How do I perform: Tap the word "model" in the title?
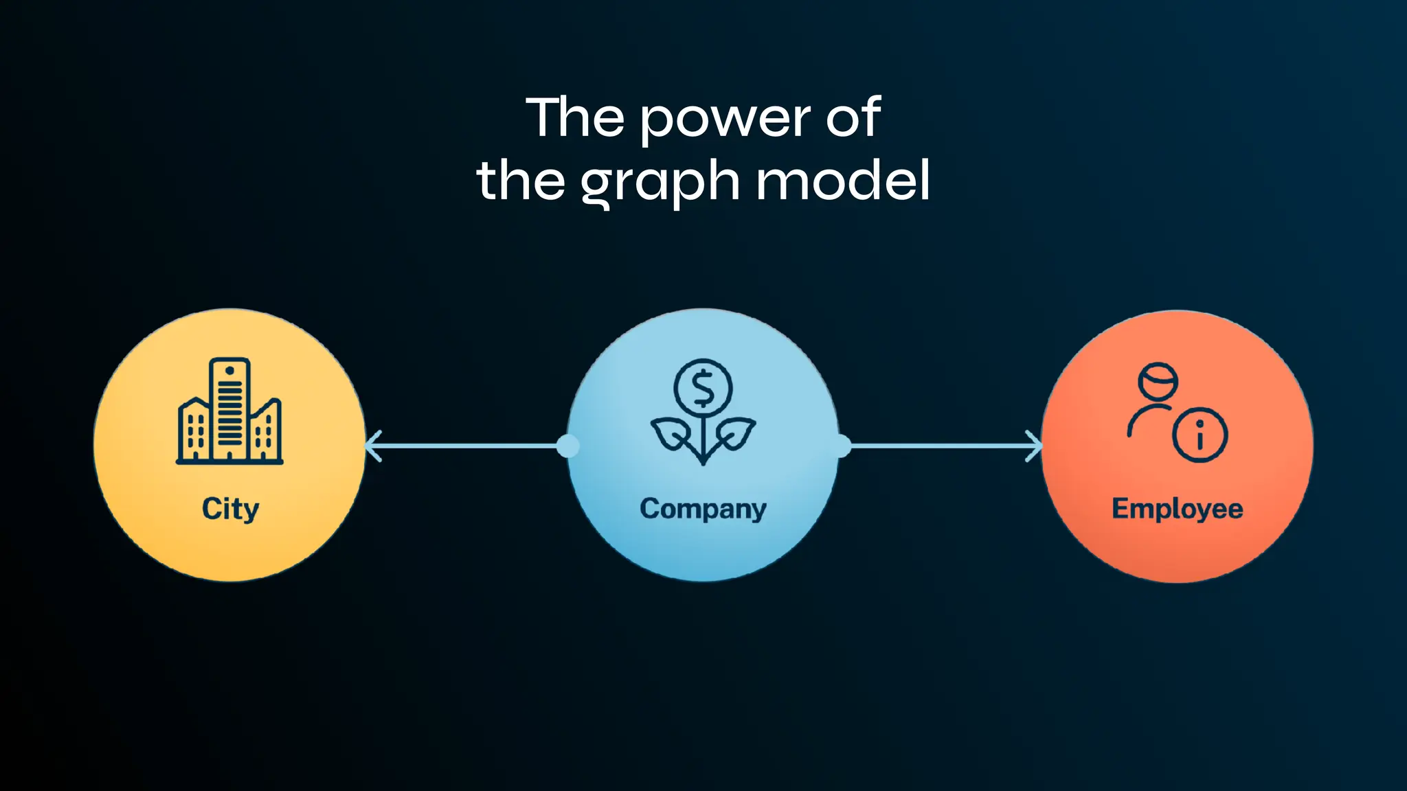point(843,180)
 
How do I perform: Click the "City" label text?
point(230,509)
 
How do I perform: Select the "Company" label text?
point(703,509)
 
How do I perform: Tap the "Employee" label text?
point(1177,509)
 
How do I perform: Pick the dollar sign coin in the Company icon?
point(703,387)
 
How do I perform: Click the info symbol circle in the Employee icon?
point(1200,435)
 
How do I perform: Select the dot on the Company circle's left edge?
point(567,446)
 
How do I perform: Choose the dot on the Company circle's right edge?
point(841,446)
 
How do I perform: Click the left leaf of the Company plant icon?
point(670,435)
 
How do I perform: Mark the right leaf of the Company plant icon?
point(736,433)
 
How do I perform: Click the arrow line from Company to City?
point(467,446)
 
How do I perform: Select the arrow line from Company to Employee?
point(938,446)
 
